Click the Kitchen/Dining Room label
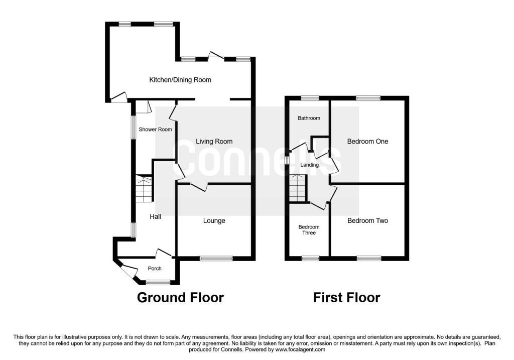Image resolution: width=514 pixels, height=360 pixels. pyautogui.click(x=180, y=80)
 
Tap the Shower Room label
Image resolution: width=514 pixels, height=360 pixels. pyautogui.click(x=155, y=130)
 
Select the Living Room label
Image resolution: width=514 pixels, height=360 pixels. pyautogui.click(x=214, y=141)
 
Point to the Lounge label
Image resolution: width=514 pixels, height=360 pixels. pyautogui.click(x=214, y=220)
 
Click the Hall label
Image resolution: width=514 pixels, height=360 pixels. pyautogui.click(x=156, y=216)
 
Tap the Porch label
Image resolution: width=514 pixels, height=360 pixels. pyautogui.click(x=155, y=269)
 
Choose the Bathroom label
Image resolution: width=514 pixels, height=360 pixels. pyautogui.click(x=309, y=118)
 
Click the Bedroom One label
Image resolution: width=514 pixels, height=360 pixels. pyautogui.click(x=367, y=141)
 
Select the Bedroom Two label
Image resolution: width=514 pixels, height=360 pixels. pyautogui.click(x=367, y=220)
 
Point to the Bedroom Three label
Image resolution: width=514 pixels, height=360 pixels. pyautogui.click(x=309, y=230)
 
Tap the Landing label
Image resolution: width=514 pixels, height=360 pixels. pyautogui.click(x=309, y=165)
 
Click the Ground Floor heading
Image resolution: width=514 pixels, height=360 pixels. pyautogui.click(x=180, y=298)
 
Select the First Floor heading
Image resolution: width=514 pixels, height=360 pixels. pyautogui.click(x=346, y=298)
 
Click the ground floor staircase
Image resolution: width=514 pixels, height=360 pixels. pyautogui.click(x=144, y=189)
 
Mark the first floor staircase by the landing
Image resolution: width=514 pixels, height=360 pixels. pyautogui.click(x=298, y=188)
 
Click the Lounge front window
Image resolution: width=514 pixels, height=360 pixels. pyautogui.click(x=216, y=259)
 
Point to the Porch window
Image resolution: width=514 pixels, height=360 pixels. pyautogui.click(x=158, y=282)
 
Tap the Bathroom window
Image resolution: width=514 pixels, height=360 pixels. pyautogui.click(x=310, y=98)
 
